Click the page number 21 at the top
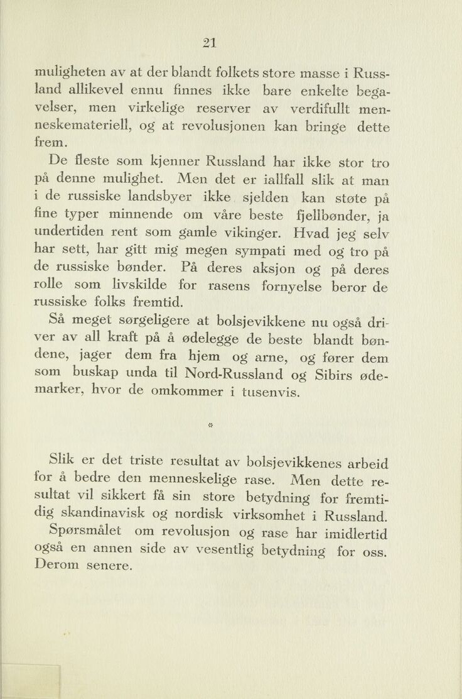coord(210,43)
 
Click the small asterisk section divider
coord(210,426)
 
